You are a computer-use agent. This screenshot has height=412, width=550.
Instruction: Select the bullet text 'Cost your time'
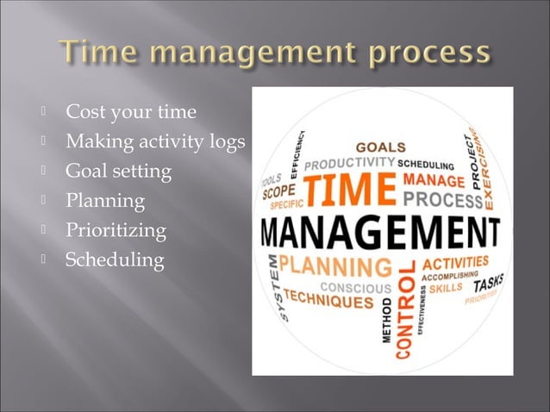pyautogui.click(x=131, y=112)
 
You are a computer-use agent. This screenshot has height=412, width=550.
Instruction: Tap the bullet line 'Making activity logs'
pyautogui.click(x=156, y=141)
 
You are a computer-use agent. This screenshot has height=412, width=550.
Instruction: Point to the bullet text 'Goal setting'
pyautogui.click(x=119, y=172)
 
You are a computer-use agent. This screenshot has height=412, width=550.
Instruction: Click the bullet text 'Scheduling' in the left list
pyautogui.click(x=115, y=260)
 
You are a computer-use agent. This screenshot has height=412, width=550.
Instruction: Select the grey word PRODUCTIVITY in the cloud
pyautogui.click(x=349, y=161)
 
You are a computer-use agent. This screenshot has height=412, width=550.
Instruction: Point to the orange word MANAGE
pyautogui.click(x=434, y=181)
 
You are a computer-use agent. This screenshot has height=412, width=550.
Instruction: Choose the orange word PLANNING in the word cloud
pyautogui.click(x=345, y=264)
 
